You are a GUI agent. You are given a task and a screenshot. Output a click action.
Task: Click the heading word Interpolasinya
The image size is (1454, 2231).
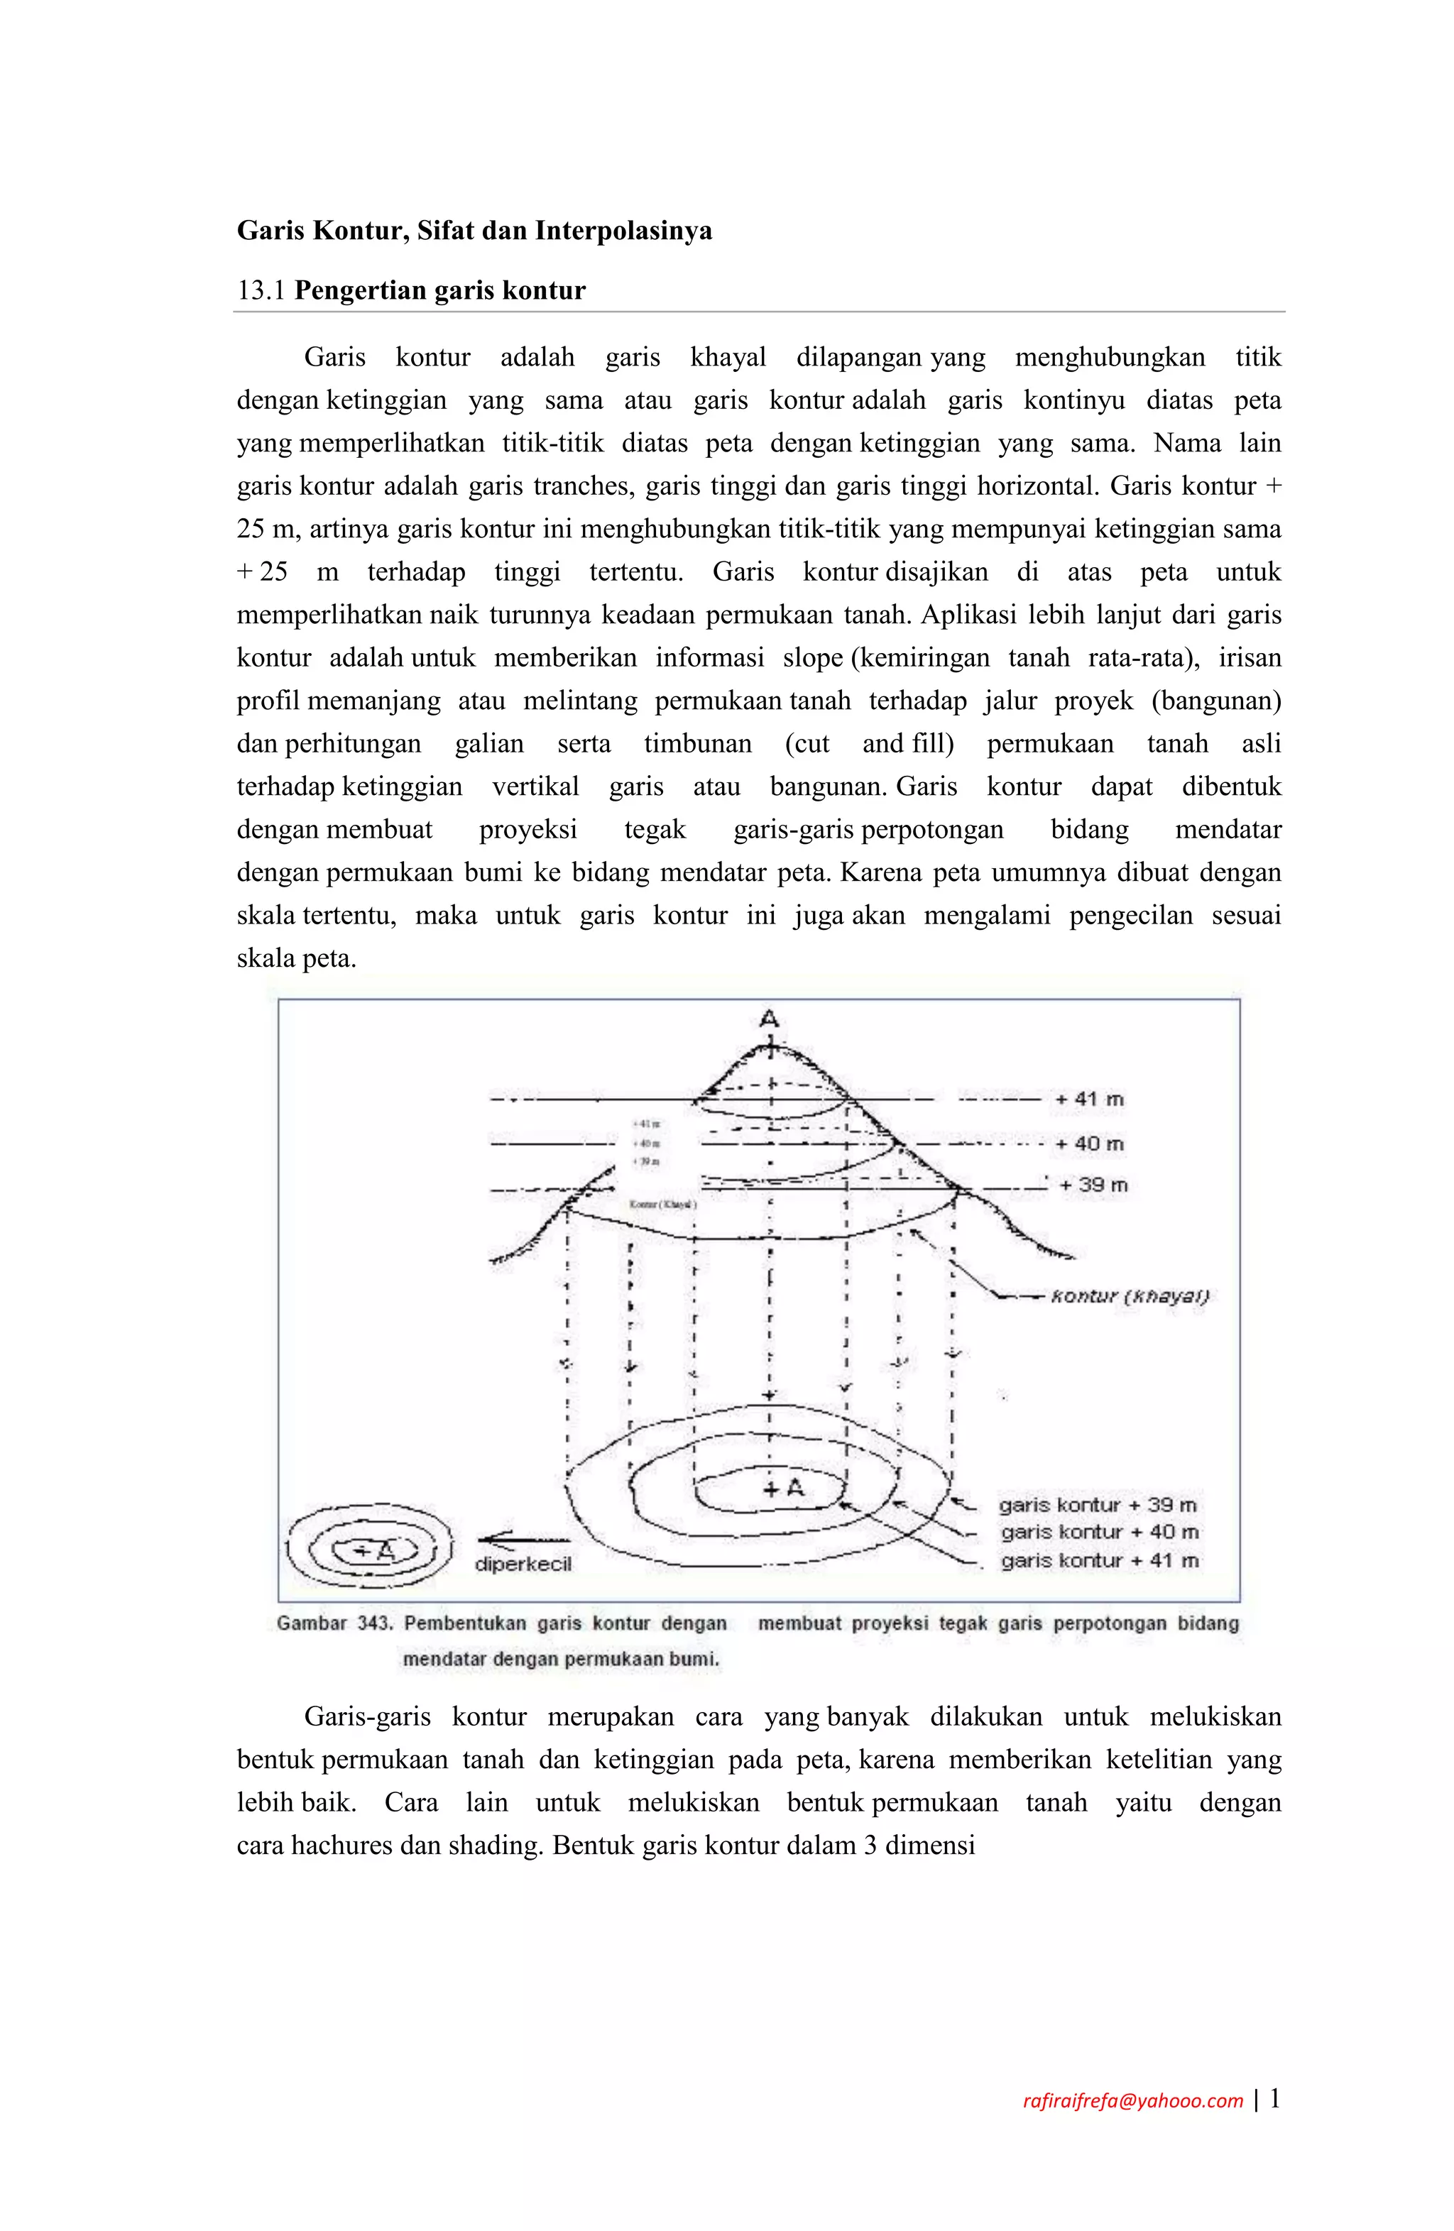pos(623,231)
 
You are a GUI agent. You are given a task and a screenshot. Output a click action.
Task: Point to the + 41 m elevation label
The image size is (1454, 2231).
pos(1088,1099)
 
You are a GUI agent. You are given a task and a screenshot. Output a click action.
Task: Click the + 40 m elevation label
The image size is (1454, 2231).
pos(1088,1144)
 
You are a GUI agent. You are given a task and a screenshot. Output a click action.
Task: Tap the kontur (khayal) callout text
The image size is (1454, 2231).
pos(1130,1296)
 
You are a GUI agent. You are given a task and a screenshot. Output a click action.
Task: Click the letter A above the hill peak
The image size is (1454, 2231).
pos(769,1019)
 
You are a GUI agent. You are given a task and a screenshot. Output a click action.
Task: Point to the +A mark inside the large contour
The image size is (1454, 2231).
pos(784,1488)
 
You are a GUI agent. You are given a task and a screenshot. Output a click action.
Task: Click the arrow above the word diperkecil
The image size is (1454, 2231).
pos(523,1538)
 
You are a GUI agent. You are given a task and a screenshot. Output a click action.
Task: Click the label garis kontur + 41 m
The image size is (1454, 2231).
pos(1099,1561)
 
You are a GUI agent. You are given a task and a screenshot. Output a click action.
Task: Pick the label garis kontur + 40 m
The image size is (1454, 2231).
pos(1099,1533)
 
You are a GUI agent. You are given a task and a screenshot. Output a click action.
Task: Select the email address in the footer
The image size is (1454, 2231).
pos(1132,2100)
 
